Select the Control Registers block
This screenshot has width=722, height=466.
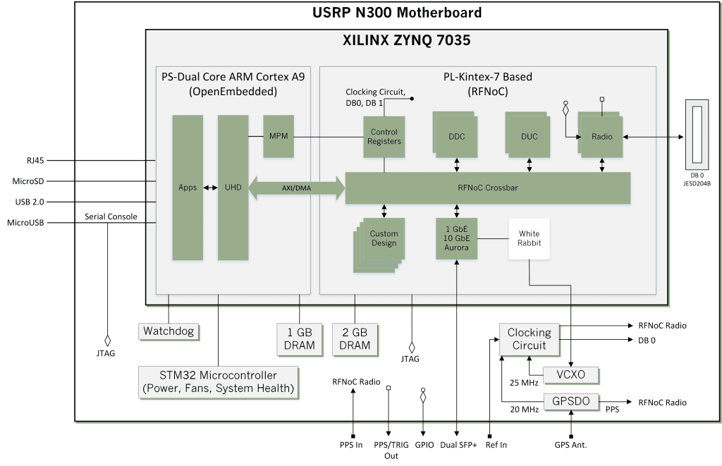(384, 136)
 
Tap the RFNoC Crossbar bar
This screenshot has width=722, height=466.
(487, 188)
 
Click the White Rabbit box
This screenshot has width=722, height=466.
(528, 238)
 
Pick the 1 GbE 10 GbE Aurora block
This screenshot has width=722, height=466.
(457, 238)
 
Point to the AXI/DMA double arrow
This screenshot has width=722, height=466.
(295, 188)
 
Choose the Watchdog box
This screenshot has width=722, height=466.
(169, 331)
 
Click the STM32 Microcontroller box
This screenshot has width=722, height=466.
(218, 381)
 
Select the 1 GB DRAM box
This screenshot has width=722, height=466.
(300, 338)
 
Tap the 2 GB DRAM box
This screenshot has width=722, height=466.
(355, 338)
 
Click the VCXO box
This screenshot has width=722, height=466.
(571, 374)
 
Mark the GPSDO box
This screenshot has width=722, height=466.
(571, 402)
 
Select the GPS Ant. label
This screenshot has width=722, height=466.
(571, 445)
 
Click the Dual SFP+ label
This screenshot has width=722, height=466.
(458, 445)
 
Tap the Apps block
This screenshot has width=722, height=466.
(188, 188)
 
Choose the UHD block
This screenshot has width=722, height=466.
(233, 188)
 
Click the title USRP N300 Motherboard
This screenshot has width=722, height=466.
(398, 13)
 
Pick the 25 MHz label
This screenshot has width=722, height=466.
(523, 382)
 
